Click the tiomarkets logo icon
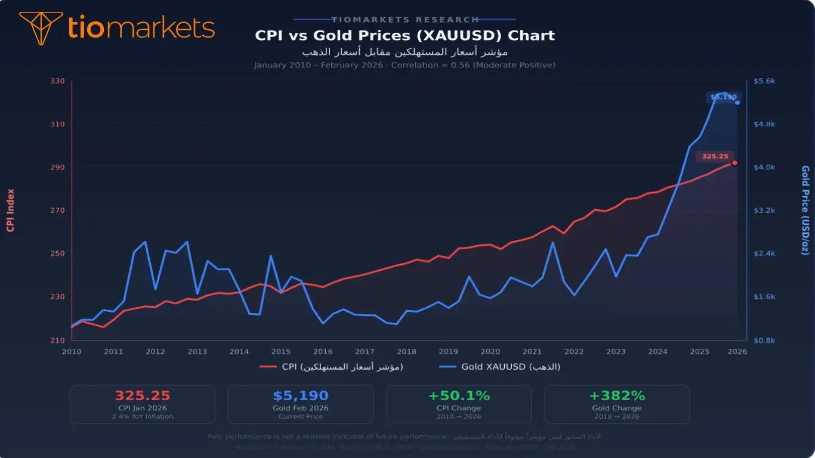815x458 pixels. [41, 27]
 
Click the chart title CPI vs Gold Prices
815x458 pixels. [405, 35]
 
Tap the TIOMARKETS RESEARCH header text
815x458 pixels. [405, 20]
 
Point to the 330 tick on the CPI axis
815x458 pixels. [57, 81]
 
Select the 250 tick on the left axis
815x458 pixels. [57, 253]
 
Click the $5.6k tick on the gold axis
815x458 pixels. [764, 81]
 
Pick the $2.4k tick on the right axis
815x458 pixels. [764, 253]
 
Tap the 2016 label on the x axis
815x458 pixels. [323, 351]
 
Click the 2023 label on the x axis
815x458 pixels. [616, 351]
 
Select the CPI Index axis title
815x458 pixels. [10, 210]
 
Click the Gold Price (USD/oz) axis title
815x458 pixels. [805, 210]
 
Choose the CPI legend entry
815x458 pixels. [332, 367]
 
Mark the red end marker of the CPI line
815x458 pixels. [734, 162]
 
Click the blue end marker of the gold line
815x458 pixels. [737, 103]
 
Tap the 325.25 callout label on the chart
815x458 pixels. [715, 156]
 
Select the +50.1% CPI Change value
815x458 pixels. [459, 396]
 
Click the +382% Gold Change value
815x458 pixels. [617, 396]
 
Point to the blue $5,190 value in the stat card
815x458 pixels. [301, 396]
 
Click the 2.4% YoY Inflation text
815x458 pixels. [143, 416]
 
